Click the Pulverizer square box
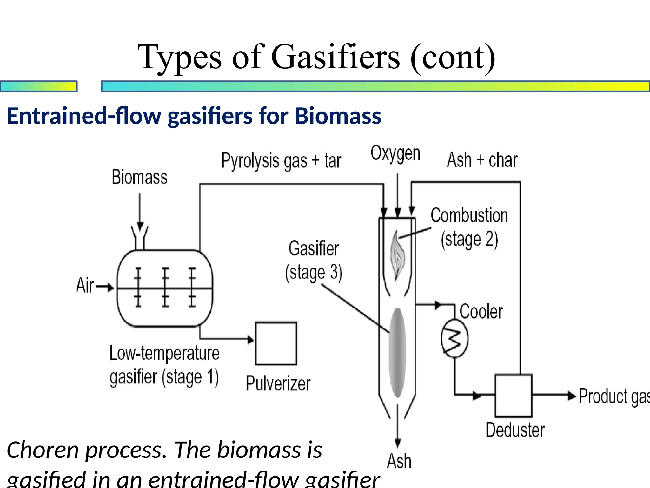click(276, 343)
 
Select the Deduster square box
click(513, 396)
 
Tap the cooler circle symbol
click(454, 338)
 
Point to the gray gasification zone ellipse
click(397, 353)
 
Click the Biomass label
click(139, 177)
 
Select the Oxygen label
click(395, 154)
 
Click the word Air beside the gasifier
click(85, 285)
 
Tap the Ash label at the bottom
click(399, 461)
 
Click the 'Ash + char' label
click(482, 160)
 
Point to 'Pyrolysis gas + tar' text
click(281, 161)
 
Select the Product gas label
click(613, 396)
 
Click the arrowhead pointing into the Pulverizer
click(251, 339)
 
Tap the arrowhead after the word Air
click(110, 287)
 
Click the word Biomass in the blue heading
click(338, 116)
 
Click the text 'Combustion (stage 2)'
click(469, 227)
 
